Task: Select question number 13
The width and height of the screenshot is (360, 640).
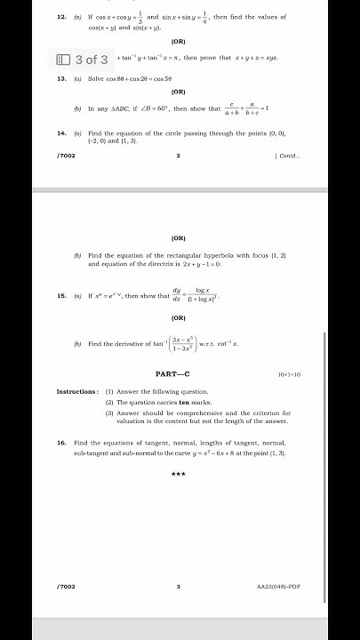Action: pyautogui.click(x=61, y=79)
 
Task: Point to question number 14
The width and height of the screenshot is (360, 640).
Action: pyautogui.click(x=61, y=132)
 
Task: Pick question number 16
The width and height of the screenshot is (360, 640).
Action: pyautogui.click(x=61, y=442)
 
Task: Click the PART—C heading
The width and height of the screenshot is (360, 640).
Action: pyautogui.click(x=179, y=374)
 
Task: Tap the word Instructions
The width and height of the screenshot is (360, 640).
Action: pyautogui.click(x=77, y=391)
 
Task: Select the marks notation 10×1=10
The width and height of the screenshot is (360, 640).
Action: pyautogui.click(x=289, y=375)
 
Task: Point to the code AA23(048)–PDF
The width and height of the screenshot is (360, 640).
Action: pyautogui.click(x=278, y=587)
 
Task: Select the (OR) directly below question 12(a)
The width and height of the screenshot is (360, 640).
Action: pyautogui.click(x=179, y=41)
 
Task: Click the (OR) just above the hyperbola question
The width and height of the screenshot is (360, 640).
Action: pyautogui.click(x=179, y=237)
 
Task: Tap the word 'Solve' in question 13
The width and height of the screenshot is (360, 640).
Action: pyautogui.click(x=96, y=79)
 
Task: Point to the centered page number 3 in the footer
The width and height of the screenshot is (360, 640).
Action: pyautogui.click(x=178, y=587)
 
